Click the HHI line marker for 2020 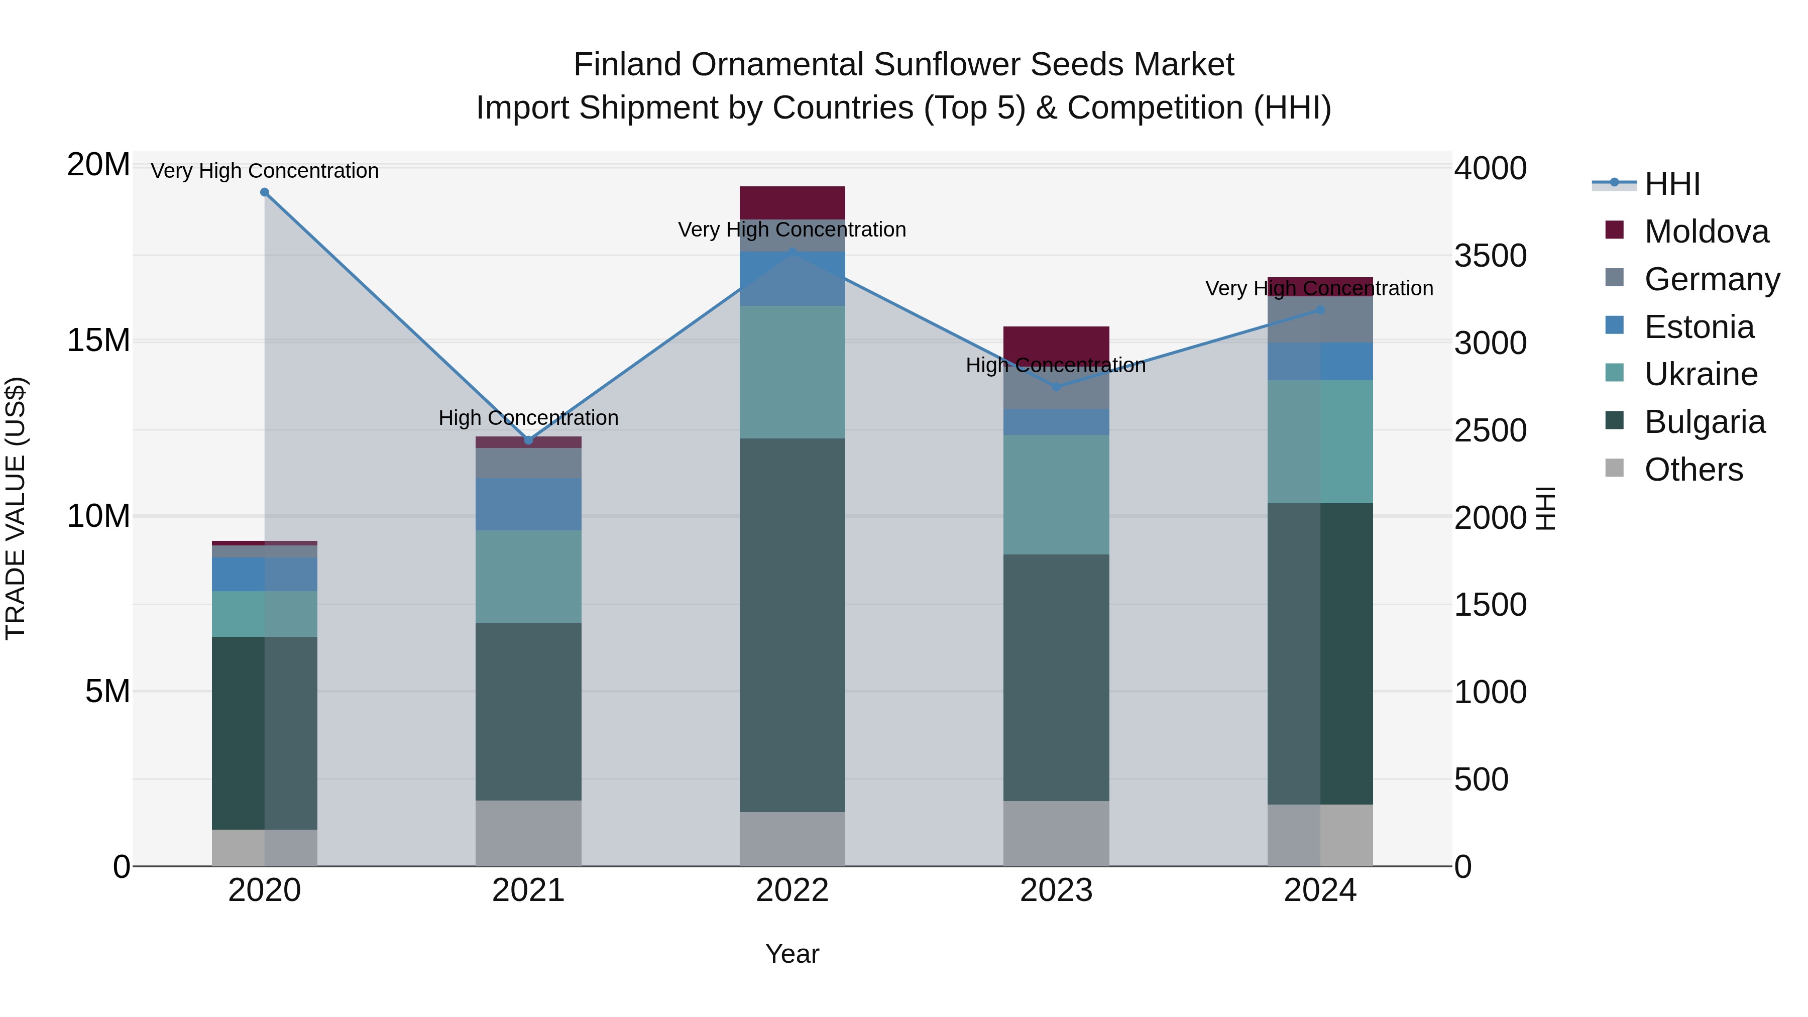click(x=265, y=192)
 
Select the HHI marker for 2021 click(x=528, y=440)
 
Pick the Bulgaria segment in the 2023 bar click(x=1056, y=677)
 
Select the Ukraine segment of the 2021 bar click(x=528, y=576)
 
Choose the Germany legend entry click(x=1711, y=279)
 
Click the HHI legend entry click(x=1672, y=184)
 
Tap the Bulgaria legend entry click(x=1704, y=422)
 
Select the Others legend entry click(x=1693, y=470)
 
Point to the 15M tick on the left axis click(x=98, y=341)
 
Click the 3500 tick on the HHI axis click(x=1490, y=256)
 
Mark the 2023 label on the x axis click(x=1056, y=890)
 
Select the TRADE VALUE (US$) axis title click(x=16, y=508)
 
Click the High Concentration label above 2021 click(x=528, y=418)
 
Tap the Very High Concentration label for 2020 click(x=265, y=171)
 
